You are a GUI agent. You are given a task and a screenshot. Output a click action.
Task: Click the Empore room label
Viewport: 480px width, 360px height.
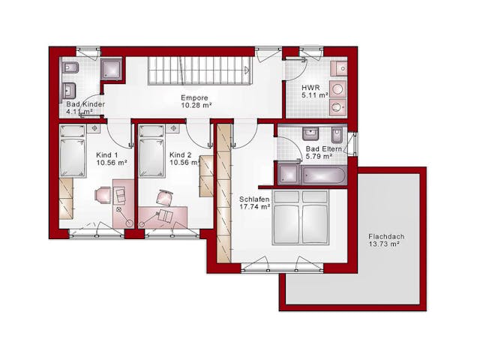click(x=194, y=98)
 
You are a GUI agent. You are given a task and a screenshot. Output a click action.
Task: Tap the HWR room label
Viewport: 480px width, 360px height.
click(x=310, y=88)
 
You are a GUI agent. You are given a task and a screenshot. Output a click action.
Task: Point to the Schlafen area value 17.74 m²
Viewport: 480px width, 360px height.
click(x=255, y=207)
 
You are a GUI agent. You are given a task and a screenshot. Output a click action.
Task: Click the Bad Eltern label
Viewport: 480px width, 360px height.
click(x=324, y=149)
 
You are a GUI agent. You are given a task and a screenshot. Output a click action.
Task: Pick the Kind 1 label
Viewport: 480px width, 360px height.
click(x=106, y=155)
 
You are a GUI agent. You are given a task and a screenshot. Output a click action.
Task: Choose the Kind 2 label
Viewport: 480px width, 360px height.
click(x=180, y=155)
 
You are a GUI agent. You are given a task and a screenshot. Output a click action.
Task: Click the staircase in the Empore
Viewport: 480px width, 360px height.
click(x=200, y=70)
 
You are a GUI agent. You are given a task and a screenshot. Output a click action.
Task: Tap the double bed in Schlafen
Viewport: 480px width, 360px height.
click(x=300, y=217)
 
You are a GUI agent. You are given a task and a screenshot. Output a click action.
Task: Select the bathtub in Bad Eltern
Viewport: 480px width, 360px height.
click(x=324, y=176)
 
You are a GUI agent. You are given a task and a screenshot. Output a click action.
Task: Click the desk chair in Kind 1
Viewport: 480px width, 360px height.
click(x=103, y=195)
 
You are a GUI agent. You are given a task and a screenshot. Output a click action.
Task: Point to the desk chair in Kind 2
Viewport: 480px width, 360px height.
click(x=165, y=197)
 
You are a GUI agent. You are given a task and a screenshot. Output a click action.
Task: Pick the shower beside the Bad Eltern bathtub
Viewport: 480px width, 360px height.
click(x=289, y=175)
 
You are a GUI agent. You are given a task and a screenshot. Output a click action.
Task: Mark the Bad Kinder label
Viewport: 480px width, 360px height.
click(x=85, y=104)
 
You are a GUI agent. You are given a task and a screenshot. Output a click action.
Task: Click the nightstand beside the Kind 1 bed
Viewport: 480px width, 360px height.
click(x=94, y=128)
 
